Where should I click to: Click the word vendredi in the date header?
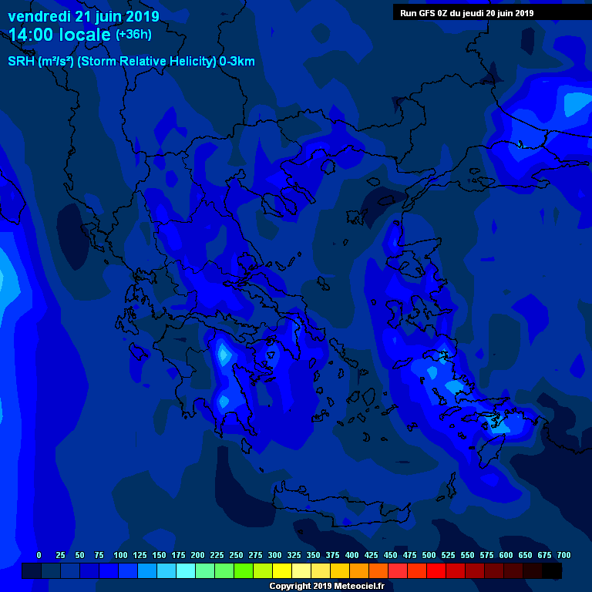coord(39,16)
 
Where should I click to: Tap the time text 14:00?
coord(32,35)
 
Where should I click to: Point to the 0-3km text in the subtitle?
coord(237,62)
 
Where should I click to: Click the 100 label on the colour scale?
coord(120,555)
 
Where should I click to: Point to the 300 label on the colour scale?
coord(274,555)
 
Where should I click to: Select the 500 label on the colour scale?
coord(429,555)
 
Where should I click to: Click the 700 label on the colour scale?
coord(563,555)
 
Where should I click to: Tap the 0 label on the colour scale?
coord(39,555)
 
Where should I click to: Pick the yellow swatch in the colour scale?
coord(282,571)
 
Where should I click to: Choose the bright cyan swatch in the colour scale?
coord(186,571)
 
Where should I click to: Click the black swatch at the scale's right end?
coord(552,571)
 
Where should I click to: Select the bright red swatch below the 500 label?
coord(436,571)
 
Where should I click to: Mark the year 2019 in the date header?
coord(142,16)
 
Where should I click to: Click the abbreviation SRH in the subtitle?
coord(21,62)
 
